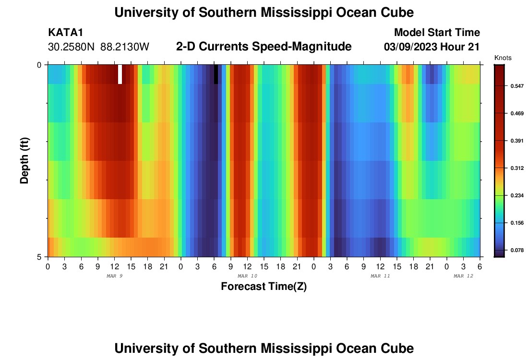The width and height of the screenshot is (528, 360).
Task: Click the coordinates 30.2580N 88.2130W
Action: pos(99,47)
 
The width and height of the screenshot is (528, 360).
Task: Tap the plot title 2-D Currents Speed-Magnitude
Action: pos(264,47)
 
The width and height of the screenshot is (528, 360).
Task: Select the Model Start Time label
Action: pos(437,33)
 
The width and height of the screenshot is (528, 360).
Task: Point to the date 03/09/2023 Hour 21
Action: pos(432,47)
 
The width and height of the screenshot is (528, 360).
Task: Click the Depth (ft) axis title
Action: pos(24,160)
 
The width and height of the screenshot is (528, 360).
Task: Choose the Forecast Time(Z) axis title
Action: pos(264,287)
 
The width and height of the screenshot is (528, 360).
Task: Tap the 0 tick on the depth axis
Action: pos(39,65)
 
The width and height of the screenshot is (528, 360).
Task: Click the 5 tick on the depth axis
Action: pos(39,257)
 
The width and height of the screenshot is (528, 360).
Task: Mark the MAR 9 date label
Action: pos(114,276)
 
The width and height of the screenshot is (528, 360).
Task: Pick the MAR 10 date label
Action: pos(247,276)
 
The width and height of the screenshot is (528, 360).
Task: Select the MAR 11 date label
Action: pos(380,276)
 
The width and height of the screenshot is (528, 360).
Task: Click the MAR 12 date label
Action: pos(464,276)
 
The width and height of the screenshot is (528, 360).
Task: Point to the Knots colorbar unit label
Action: pos(503,58)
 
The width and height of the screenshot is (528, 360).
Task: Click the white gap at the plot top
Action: pos(120,74)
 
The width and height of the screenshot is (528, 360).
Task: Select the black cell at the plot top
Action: pos(216,74)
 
